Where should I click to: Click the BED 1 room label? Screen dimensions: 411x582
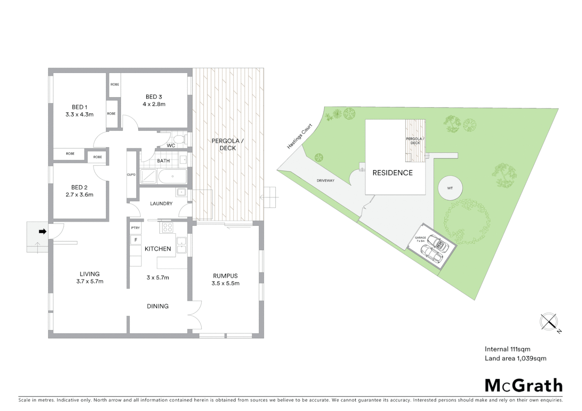[80, 107]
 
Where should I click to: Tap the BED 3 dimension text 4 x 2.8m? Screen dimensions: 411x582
[154, 104]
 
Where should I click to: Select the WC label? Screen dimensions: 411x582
[171, 145]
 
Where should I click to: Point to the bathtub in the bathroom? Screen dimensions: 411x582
[173, 176]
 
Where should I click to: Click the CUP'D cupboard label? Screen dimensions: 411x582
[131, 175]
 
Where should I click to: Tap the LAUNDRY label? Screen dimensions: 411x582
[161, 204]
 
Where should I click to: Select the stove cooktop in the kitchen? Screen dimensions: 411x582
[168, 228]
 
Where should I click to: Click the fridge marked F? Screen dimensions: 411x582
[136, 240]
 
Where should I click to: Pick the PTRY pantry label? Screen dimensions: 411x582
[135, 228]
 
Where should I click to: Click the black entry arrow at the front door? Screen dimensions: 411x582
[42, 231]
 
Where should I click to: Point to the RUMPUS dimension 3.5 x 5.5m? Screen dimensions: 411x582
[225, 283]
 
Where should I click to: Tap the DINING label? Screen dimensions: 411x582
[158, 306]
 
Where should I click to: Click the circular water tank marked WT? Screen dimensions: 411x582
[450, 188]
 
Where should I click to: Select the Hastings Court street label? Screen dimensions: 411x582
[300, 136]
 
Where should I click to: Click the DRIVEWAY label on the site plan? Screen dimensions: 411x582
[325, 180]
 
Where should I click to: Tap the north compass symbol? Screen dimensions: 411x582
[549, 322]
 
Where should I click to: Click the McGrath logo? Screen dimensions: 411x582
[523, 386]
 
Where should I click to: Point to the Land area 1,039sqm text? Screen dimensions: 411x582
[515, 358]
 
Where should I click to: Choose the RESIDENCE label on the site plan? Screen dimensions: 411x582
[392, 173]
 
